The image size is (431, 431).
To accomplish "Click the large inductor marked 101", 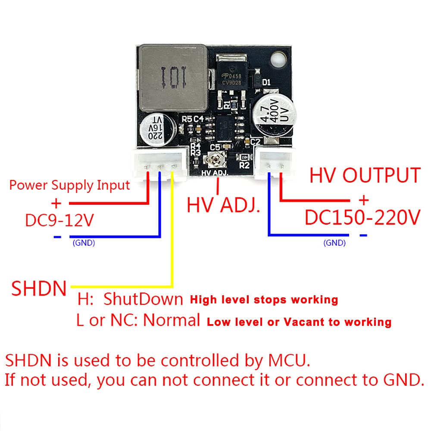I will (172, 77).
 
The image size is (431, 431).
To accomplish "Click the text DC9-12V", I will (59, 221).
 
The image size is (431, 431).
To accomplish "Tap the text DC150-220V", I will (362, 218).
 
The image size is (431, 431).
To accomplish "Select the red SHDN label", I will (39, 288).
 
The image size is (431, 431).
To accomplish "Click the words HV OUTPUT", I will (365, 175).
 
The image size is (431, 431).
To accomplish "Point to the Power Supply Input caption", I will (69, 185).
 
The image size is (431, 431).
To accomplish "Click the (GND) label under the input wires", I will (84, 243).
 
